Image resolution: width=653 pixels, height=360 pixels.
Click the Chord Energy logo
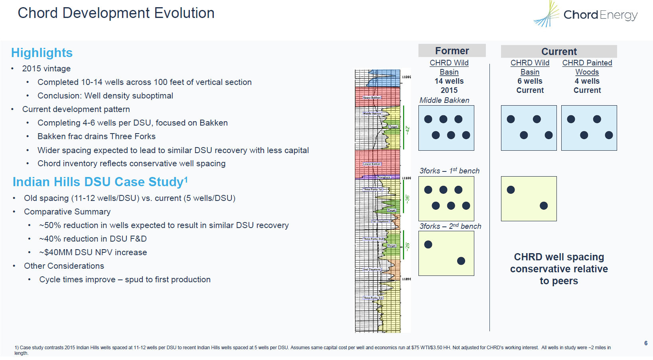point(586,15)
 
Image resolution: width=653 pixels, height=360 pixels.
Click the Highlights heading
point(42,53)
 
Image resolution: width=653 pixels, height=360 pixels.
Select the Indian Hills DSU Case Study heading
point(100,182)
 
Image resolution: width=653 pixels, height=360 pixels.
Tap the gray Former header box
point(452,51)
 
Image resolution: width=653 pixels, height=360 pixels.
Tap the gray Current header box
point(558,51)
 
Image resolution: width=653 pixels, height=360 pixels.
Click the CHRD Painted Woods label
point(587,67)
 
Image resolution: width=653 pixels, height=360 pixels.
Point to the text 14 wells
point(449,81)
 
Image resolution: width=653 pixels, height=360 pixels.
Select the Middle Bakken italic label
point(444,100)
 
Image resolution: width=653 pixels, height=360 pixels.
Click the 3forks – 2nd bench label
point(450,226)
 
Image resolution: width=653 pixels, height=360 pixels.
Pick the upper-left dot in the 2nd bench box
point(428,244)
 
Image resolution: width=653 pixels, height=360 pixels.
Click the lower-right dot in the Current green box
point(543,206)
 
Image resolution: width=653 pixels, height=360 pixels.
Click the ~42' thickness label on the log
point(407,130)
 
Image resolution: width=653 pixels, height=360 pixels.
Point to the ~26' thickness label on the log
point(407,246)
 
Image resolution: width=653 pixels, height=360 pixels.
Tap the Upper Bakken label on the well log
point(372,98)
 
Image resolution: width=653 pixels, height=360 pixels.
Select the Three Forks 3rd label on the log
point(373,298)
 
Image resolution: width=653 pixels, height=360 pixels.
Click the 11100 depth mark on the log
point(406,178)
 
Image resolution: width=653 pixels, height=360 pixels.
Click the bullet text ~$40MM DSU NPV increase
point(93,252)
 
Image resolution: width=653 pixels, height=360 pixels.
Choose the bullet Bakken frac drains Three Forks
point(96,136)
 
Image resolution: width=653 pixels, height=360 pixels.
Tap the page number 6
point(645,343)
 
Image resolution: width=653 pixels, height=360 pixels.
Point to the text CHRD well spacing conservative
point(558,263)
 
